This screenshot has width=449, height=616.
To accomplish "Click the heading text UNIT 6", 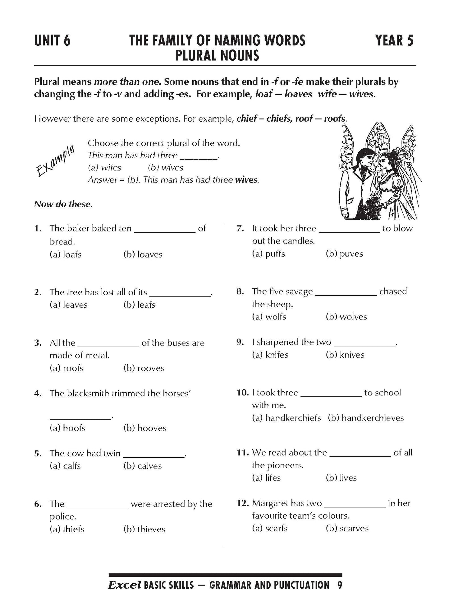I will [52, 41].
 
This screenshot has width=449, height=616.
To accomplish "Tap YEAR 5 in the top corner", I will [394, 41].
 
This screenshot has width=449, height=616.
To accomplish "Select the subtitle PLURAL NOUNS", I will [217, 56].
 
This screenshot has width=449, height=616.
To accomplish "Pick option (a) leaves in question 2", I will [69, 305].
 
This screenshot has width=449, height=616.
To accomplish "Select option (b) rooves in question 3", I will [144, 368].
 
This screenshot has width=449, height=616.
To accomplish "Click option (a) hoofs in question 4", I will [67, 428].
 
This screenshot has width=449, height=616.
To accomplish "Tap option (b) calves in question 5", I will [143, 466].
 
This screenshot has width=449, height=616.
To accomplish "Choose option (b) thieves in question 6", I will [144, 529].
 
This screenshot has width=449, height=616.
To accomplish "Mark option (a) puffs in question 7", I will [268, 254].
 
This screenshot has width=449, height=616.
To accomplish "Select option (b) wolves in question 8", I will [346, 317].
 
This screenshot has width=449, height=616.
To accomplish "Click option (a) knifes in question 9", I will [270, 355].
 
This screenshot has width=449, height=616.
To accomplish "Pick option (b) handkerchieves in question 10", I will [366, 418].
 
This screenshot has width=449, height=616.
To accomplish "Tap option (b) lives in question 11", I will [341, 478].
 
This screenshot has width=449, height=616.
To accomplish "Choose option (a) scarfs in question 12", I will [270, 529].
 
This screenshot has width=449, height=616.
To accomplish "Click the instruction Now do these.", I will [63, 204].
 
